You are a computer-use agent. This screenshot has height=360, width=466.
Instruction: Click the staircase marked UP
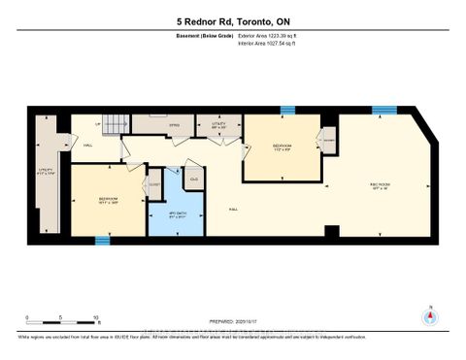[x=116, y=125]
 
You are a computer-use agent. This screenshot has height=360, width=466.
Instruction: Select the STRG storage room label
[x=149, y=125]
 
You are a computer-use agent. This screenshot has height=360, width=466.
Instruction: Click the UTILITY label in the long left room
[x=44, y=173]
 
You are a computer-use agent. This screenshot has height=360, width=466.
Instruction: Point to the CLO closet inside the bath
[x=194, y=179]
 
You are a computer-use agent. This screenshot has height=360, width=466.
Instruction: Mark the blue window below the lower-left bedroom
[x=101, y=239]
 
